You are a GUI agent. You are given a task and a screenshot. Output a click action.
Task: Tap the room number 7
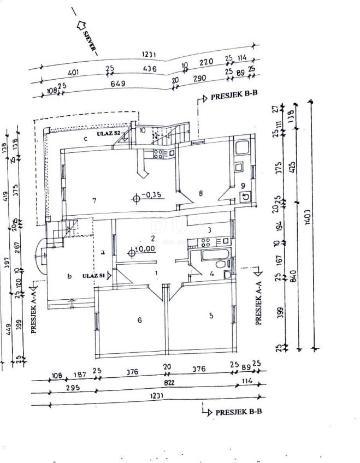pyautogui.click(x=95, y=201)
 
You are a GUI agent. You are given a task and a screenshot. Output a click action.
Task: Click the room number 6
pyautogui.click(x=139, y=320)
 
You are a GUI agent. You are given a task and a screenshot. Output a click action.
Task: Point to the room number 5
pyautogui.click(x=210, y=315)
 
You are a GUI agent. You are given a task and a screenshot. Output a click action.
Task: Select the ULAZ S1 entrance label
pyautogui.click(x=94, y=276)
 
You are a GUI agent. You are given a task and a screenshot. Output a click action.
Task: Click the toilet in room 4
pyautogui.click(x=221, y=265)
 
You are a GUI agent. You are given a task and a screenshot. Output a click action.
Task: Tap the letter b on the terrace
pyautogui.click(x=69, y=276)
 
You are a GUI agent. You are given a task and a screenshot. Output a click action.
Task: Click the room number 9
pyautogui.click(x=243, y=186)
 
